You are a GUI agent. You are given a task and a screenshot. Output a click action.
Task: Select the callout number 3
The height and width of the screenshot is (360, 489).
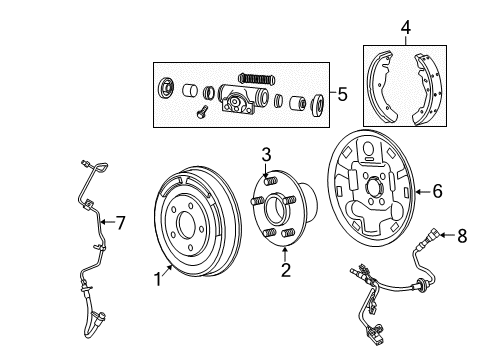coord(267,154)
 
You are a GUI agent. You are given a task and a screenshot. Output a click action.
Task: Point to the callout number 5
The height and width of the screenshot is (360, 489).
coord(342,96)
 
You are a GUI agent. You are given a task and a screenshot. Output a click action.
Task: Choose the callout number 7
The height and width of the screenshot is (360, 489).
coord(120,222)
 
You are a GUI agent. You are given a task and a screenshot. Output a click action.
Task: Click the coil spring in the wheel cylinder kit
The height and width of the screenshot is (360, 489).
coord(255,76)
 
